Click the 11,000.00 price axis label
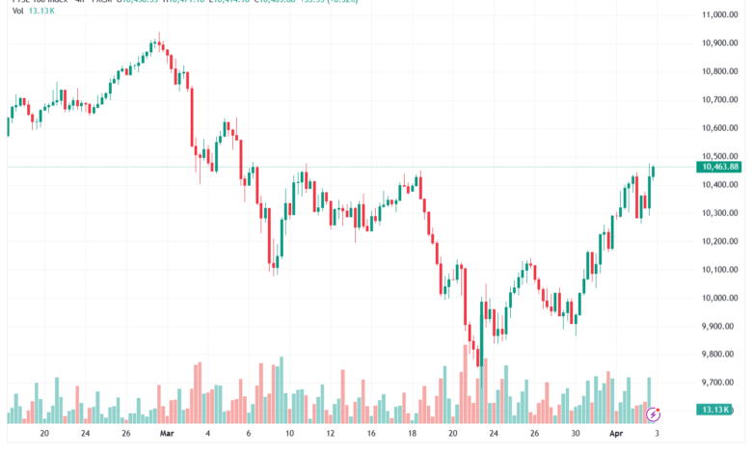pyautogui.click(x=721, y=14)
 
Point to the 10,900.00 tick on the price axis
pyautogui.click(x=721, y=42)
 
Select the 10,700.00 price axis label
pyautogui.click(x=721, y=99)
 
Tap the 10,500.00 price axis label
pyautogui.click(x=721, y=156)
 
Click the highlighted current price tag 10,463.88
pyautogui.click(x=721, y=167)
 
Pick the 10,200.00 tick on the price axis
pyautogui.click(x=721, y=241)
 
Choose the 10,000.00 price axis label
pyautogui.click(x=721, y=298)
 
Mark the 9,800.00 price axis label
pyautogui.click(x=721, y=355)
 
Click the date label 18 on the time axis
pyautogui.click(x=412, y=434)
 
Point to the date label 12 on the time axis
pyautogui.click(x=330, y=434)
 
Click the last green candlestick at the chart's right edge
pyautogui.click(x=653, y=172)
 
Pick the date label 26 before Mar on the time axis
pyautogui.click(x=126, y=434)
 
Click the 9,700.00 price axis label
pyautogui.click(x=721, y=383)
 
